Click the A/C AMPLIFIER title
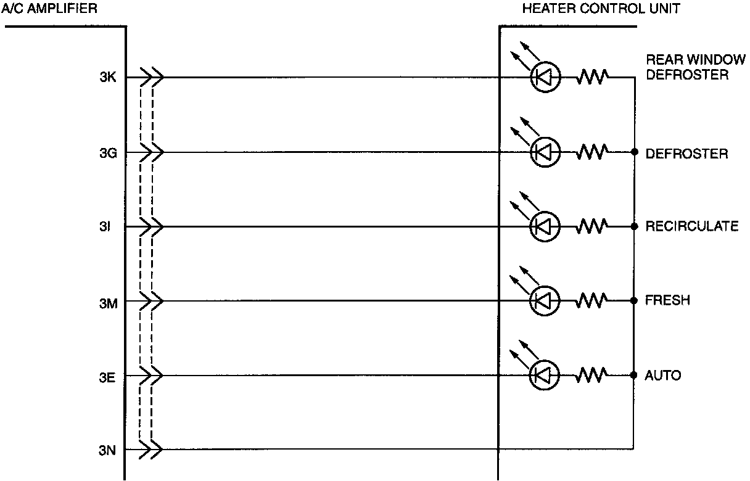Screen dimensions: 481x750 point(49,9)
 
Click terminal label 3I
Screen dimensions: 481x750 point(105,227)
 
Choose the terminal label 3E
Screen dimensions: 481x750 point(108,376)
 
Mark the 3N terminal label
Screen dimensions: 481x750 point(108,450)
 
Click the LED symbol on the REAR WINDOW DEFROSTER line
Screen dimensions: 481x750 point(545,78)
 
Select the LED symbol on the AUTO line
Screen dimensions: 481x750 point(545,374)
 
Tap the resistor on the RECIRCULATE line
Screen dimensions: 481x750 point(593,226)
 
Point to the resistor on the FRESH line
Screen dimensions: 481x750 point(593,301)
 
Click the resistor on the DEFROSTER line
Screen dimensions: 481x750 point(593,152)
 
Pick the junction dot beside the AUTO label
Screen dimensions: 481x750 point(634,374)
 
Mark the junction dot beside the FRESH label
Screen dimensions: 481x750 point(634,301)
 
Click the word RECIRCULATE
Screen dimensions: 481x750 point(691,226)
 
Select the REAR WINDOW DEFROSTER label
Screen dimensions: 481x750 point(691,68)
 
